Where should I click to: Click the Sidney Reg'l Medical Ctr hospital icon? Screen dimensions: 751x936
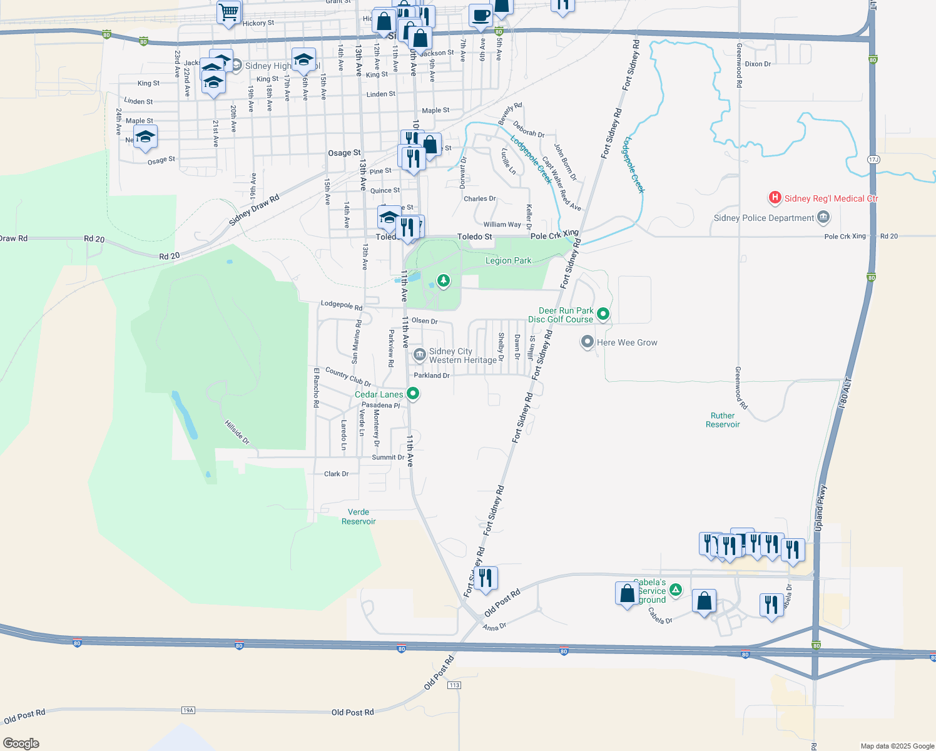tap(775, 198)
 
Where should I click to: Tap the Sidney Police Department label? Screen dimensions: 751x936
tap(764, 218)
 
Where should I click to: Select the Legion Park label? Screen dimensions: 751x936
tap(508, 260)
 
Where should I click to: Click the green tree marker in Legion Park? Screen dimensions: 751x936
tap(444, 280)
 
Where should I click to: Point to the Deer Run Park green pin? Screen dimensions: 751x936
tap(603, 314)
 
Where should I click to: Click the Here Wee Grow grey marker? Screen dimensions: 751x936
tap(588, 342)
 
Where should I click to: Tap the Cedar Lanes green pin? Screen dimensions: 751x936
tap(413, 394)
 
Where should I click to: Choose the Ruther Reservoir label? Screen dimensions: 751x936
tap(723, 420)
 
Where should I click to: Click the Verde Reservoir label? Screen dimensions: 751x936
tap(359, 516)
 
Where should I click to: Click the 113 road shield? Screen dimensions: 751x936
tap(454, 685)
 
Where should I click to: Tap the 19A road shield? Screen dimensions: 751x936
tap(188, 710)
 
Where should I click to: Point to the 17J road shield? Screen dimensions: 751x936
tap(873, 160)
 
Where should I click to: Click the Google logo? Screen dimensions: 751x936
tap(21, 743)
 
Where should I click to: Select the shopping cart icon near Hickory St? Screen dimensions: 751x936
tap(229, 12)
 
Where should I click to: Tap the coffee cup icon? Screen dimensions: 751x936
tap(481, 15)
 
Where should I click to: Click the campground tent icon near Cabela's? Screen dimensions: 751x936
tap(676, 590)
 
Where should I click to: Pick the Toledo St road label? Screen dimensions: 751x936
tap(474, 237)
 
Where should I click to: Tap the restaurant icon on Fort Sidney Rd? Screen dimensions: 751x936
tap(486, 578)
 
